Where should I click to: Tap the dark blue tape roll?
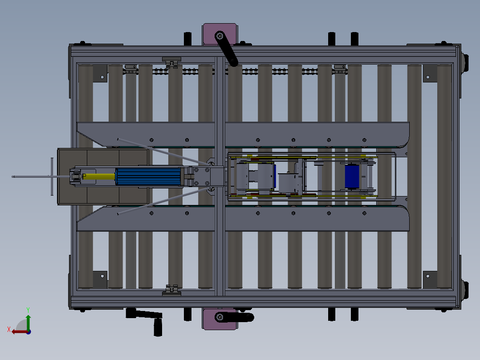point(352,176)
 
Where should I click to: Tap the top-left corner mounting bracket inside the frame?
point(100,73)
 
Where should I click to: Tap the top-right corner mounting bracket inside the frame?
point(430,73)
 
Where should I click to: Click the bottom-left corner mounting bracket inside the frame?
point(100,280)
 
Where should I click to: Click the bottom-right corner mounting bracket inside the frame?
point(430,280)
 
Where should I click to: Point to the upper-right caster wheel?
point(466,63)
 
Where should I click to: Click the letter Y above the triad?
point(28,309)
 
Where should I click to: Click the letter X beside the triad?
point(8,329)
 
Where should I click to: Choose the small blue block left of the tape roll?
point(275,176)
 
